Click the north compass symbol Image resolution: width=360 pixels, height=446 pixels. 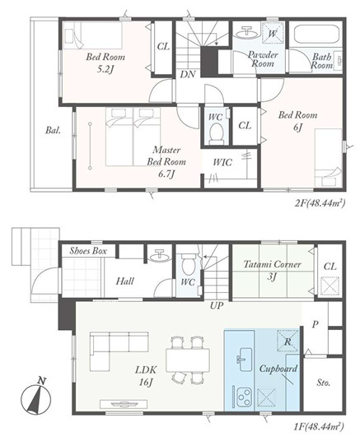pos(36,398)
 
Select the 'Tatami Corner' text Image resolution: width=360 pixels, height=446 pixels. pos(273,264)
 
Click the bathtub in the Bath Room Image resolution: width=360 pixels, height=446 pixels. pos(316,35)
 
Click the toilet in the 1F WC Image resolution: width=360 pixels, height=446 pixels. pos(188,264)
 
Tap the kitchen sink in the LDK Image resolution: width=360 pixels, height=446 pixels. pos(244,359)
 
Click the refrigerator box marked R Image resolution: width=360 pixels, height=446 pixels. pos(288,341)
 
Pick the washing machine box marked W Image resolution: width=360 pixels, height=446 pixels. pos(273,33)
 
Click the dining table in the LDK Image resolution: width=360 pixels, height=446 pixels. pos(188,360)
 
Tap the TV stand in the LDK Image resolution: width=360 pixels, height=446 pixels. pos(124,404)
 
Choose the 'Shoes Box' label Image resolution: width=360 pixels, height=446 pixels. pos(88,251)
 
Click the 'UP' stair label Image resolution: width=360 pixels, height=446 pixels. pos(217,306)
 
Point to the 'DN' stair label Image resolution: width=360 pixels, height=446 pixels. pos(188,75)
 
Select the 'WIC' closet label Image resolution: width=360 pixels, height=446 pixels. pos(222,163)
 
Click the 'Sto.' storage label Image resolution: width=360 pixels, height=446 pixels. pos(324,383)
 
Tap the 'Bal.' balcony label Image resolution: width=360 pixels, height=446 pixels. pos(53,130)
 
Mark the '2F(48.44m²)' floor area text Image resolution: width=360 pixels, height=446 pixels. pos(320,203)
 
